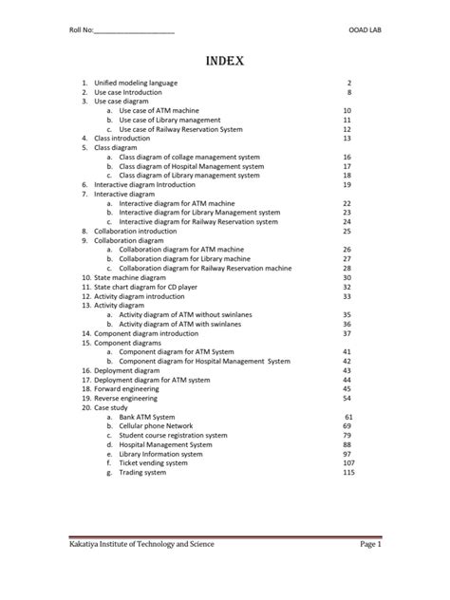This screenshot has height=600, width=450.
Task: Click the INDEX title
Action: [x=224, y=63]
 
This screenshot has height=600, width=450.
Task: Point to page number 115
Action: [x=347, y=472]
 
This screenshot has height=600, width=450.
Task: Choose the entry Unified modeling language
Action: [x=136, y=84]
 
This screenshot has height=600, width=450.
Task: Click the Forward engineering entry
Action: [x=128, y=389]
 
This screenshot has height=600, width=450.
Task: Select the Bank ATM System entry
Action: [x=147, y=417]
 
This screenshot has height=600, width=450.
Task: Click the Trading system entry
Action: [x=143, y=472]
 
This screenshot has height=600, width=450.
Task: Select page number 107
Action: [x=347, y=462]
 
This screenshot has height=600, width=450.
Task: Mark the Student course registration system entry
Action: [x=173, y=435]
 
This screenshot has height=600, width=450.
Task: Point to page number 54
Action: [x=347, y=399]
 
